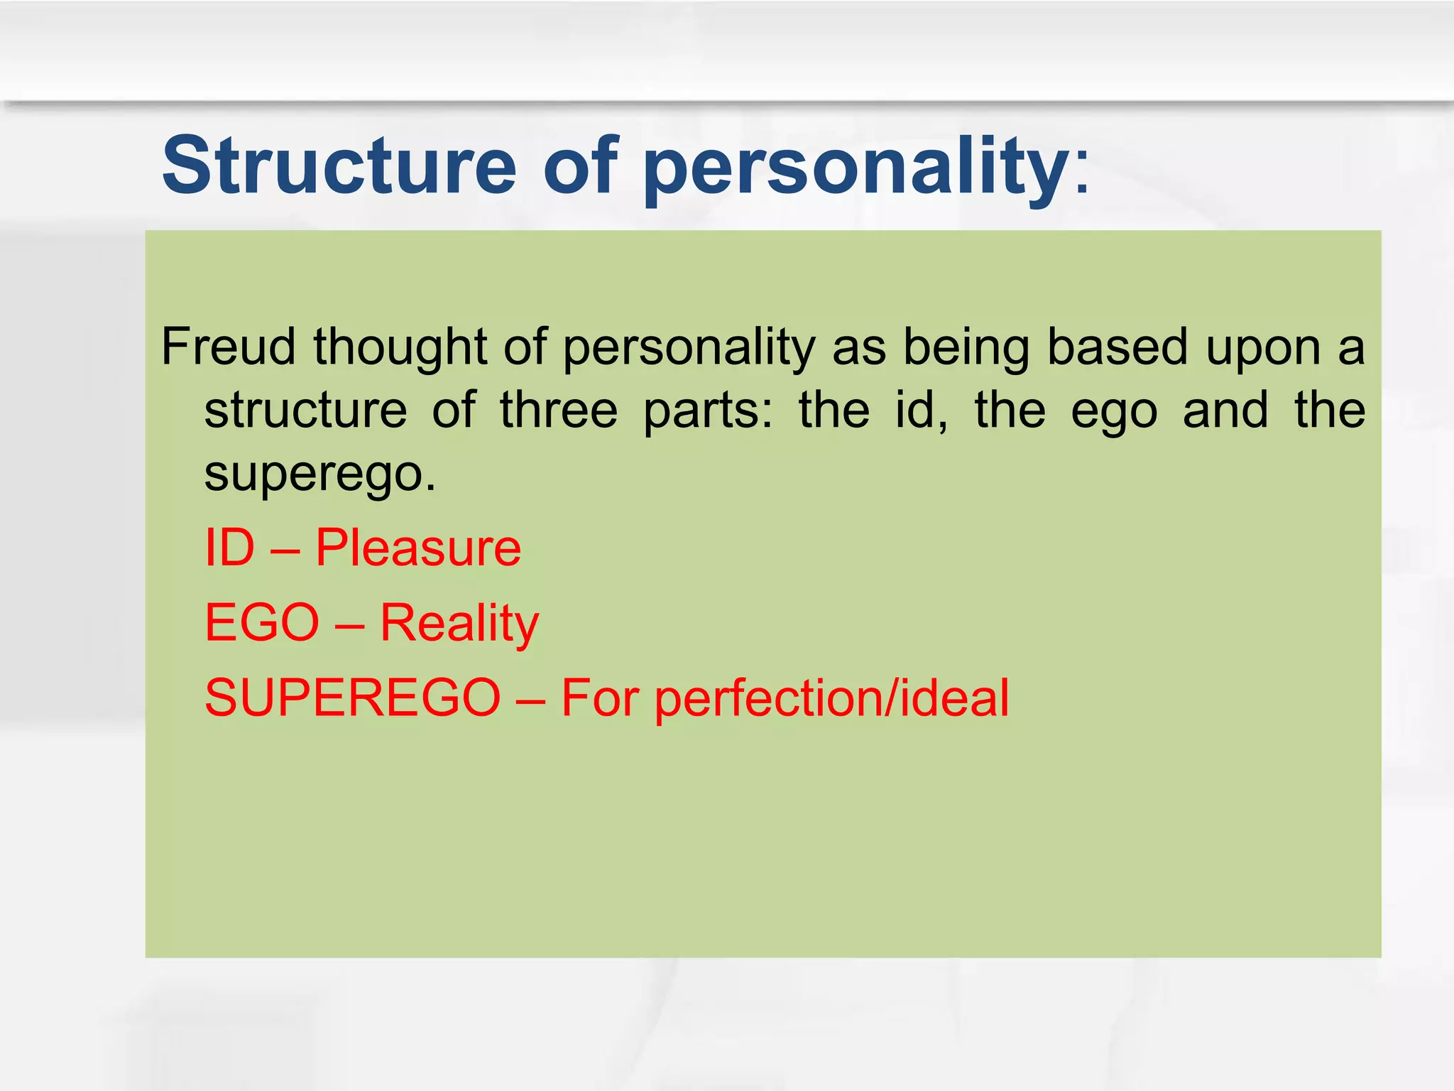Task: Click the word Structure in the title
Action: pos(339,165)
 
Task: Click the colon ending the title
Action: pos(1082,174)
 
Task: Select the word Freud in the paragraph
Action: pos(228,347)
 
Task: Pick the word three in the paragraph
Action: pos(559,411)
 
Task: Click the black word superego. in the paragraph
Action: pos(319,474)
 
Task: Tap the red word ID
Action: pos(229,548)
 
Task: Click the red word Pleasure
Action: pos(418,548)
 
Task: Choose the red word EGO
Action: pos(262,623)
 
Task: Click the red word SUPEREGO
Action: pos(353,698)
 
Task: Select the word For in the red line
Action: pos(600,698)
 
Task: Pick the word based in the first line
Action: pos(1117,347)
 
